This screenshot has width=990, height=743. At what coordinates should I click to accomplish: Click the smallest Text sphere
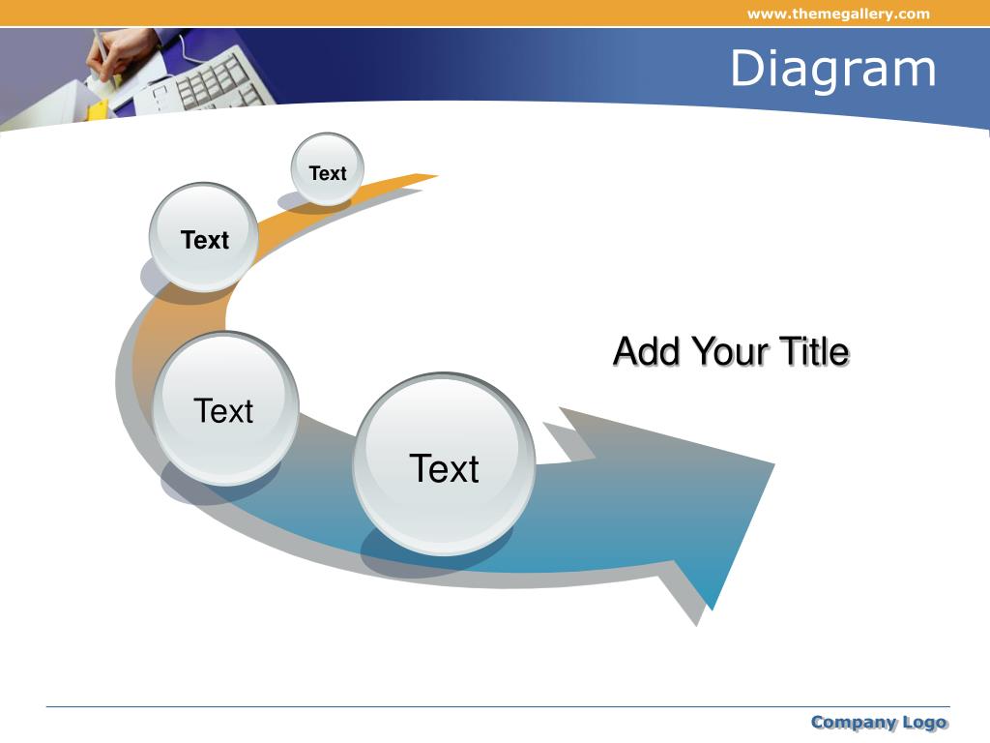pyautogui.click(x=327, y=169)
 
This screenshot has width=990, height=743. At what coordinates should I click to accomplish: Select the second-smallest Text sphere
pyautogui.click(x=204, y=237)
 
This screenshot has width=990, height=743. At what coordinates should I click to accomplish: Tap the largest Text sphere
pyautogui.click(x=445, y=464)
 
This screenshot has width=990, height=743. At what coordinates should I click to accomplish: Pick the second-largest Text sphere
pyautogui.click(x=225, y=409)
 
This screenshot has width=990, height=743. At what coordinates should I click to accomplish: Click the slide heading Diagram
pyautogui.click(x=832, y=69)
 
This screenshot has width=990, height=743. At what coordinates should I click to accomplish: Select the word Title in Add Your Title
pyautogui.click(x=814, y=351)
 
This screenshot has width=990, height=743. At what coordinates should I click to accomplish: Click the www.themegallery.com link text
pyautogui.click(x=838, y=14)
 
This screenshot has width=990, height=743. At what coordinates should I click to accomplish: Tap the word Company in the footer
pyautogui.click(x=853, y=722)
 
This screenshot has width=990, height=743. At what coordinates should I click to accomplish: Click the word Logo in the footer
pyautogui.click(x=924, y=722)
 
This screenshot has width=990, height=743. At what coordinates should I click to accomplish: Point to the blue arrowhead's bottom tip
pyautogui.click(x=713, y=610)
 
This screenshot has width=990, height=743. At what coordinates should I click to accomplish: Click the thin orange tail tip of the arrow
pyautogui.click(x=436, y=176)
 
